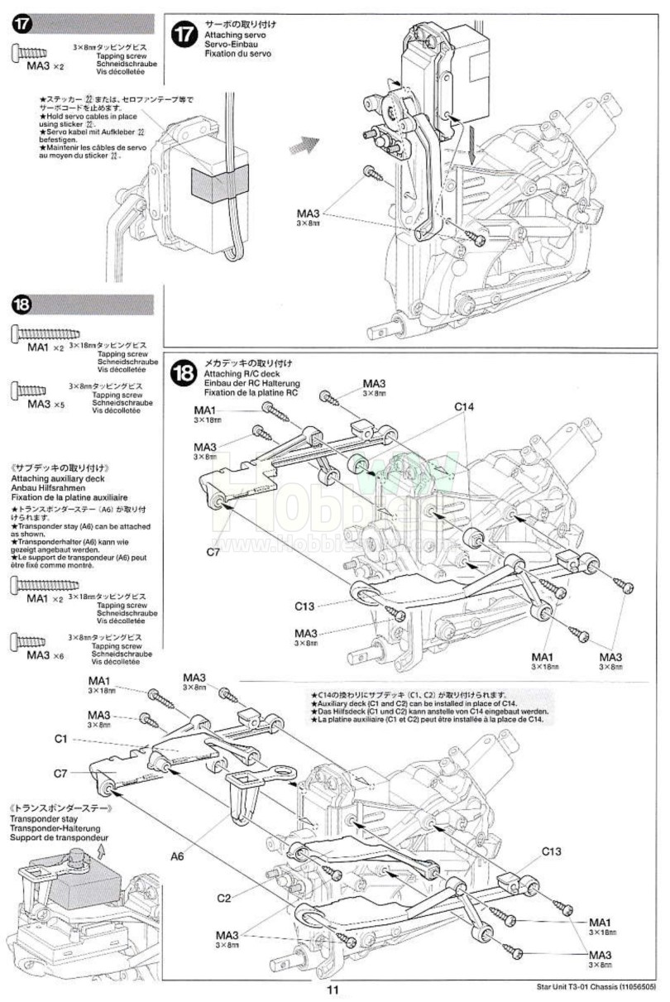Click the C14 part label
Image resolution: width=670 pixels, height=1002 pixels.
click(464, 406)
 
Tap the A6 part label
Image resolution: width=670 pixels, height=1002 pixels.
click(178, 856)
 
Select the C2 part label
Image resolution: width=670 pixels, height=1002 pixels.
click(224, 899)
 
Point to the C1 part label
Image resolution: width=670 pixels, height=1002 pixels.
click(60, 738)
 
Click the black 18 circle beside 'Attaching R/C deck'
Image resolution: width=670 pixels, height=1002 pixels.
click(184, 374)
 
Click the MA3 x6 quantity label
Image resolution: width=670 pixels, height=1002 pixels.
click(46, 654)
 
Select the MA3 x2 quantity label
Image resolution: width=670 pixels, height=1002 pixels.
click(45, 65)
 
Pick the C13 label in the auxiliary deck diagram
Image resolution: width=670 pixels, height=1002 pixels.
click(553, 851)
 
